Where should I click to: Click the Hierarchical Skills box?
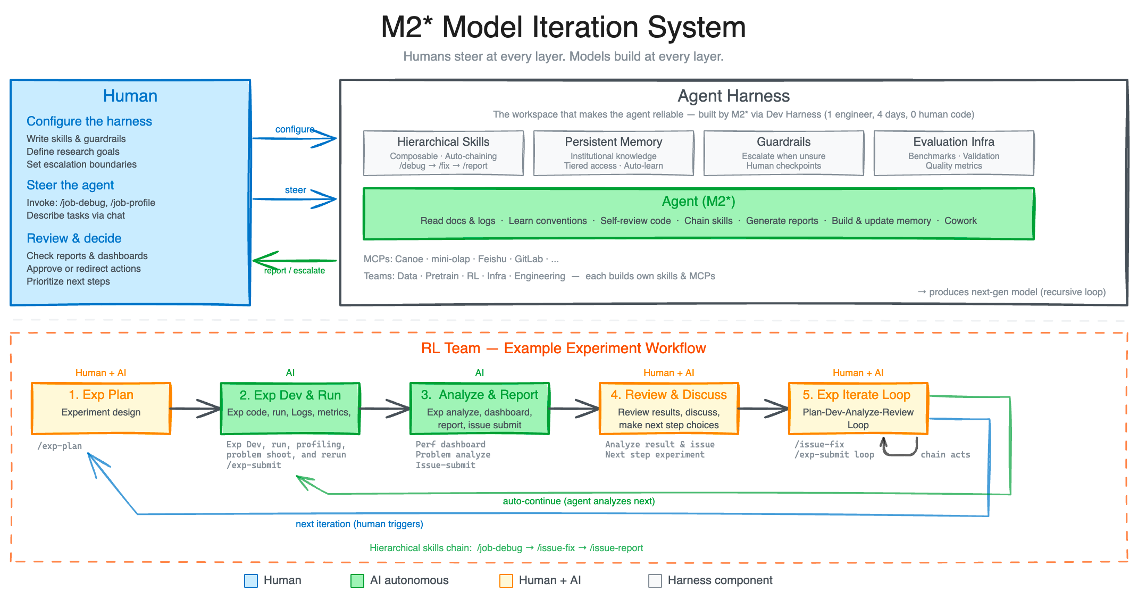pyautogui.click(x=443, y=153)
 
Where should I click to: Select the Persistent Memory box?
pyautogui.click(x=613, y=153)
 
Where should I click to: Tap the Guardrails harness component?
pyautogui.click(x=783, y=153)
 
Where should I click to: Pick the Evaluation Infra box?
pyautogui.click(x=953, y=153)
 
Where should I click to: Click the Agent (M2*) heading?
pyautogui.click(x=698, y=202)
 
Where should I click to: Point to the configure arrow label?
pyautogui.click(x=295, y=129)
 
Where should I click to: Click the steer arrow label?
pyautogui.click(x=295, y=190)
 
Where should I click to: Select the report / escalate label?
pyautogui.click(x=295, y=270)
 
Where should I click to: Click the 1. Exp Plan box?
pyautogui.click(x=101, y=408)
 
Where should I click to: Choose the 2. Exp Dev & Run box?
pyautogui.click(x=290, y=408)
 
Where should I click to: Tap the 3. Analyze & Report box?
pyautogui.click(x=479, y=408)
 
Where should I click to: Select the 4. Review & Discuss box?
pyautogui.click(x=668, y=408)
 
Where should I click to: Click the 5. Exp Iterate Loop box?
pyautogui.click(x=858, y=408)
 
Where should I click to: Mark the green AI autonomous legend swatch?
pyautogui.click(x=357, y=580)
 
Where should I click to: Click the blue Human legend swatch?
pyautogui.click(x=251, y=580)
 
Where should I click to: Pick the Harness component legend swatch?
pyautogui.click(x=655, y=580)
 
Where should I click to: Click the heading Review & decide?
pyautogui.click(x=74, y=238)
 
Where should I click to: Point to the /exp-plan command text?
pyautogui.click(x=60, y=446)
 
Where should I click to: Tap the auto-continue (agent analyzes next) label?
pyautogui.click(x=579, y=501)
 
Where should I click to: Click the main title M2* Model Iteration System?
pyautogui.click(x=563, y=27)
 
